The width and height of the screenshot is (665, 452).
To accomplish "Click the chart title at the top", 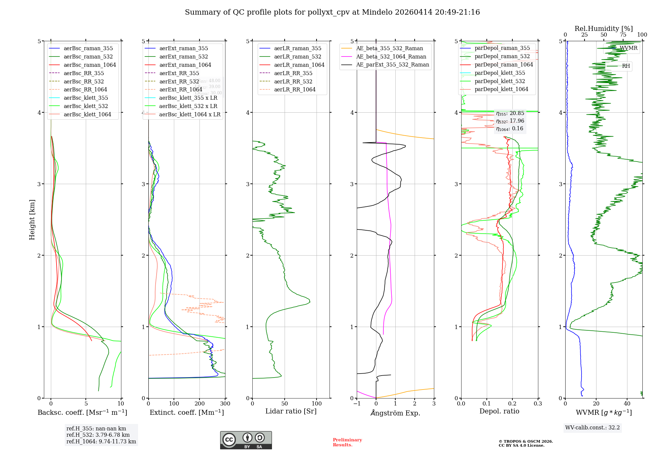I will [x=332, y=12].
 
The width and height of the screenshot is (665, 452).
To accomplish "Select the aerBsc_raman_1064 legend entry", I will [x=90, y=65].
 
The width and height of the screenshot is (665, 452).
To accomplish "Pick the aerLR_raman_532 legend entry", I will [x=298, y=56].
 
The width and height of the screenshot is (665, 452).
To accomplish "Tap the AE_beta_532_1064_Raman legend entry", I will [x=391, y=56].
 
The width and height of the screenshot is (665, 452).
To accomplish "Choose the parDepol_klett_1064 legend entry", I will [x=501, y=89].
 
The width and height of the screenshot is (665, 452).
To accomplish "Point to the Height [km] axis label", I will [x=32, y=220].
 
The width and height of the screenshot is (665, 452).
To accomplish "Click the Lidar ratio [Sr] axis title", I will [x=291, y=411].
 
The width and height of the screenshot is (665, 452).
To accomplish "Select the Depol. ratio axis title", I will [x=499, y=411].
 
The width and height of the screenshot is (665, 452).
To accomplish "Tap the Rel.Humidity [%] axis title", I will [x=603, y=29].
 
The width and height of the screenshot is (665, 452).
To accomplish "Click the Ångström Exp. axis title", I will [x=395, y=413].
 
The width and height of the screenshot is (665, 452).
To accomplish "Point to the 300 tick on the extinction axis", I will [x=225, y=404].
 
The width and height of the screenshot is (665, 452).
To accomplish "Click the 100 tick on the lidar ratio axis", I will [x=317, y=404].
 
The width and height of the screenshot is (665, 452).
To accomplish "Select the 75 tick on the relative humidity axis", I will [x=623, y=35].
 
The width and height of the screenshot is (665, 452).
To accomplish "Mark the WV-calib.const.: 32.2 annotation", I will [x=593, y=427].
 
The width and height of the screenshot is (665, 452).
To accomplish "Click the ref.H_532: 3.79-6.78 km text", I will [x=98, y=435].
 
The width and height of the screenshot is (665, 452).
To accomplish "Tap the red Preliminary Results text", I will [x=347, y=442].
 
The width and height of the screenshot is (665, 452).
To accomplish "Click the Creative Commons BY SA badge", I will [x=246, y=440].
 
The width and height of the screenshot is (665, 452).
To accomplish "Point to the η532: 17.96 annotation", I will [x=510, y=121].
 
